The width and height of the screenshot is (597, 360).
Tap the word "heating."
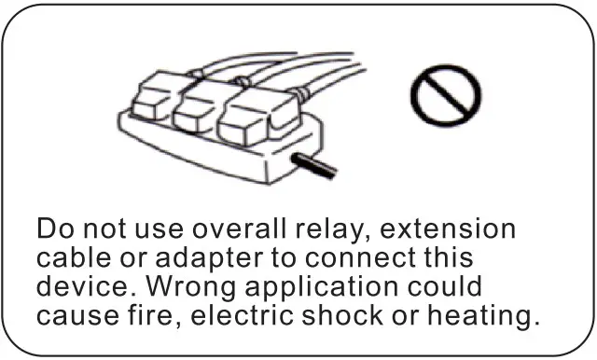[485, 315]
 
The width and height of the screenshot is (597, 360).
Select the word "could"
[447, 286]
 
